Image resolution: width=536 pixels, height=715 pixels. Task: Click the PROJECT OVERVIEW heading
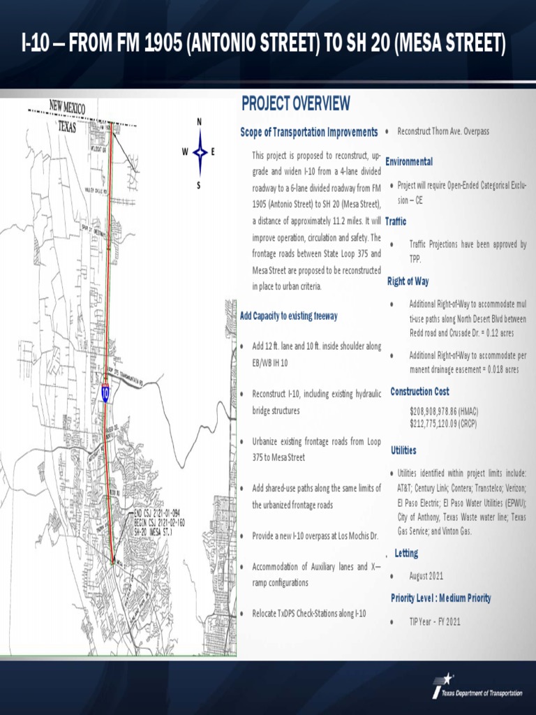click(295, 104)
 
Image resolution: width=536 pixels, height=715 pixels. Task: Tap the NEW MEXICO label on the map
click(67, 108)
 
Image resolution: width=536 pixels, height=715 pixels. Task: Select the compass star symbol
click(200, 152)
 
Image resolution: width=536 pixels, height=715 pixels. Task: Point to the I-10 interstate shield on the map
click(105, 393)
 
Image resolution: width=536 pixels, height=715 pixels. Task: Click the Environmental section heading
click(409, 161)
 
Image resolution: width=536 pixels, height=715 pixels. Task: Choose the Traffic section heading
click(395, 221)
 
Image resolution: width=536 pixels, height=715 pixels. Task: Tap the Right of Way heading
click(408, 281)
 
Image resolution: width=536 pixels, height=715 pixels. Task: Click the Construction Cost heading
click(419, 392)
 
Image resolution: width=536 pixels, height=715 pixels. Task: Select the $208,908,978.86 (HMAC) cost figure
click(444, 411)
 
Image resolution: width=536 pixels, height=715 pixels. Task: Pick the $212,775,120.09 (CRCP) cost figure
click(444, 422)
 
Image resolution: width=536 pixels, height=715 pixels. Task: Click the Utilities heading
click(404, 450)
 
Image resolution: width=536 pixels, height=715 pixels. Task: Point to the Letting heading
click(406, 553)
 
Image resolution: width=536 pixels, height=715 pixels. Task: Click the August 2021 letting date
click(426, 576)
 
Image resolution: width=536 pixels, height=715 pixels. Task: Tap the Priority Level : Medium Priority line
click(440, 598)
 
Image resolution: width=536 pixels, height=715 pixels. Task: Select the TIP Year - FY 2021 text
click(435, 621)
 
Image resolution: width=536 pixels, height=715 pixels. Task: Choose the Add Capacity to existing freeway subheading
click(289, 316)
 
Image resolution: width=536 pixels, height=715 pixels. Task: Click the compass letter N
click(200, 122)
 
